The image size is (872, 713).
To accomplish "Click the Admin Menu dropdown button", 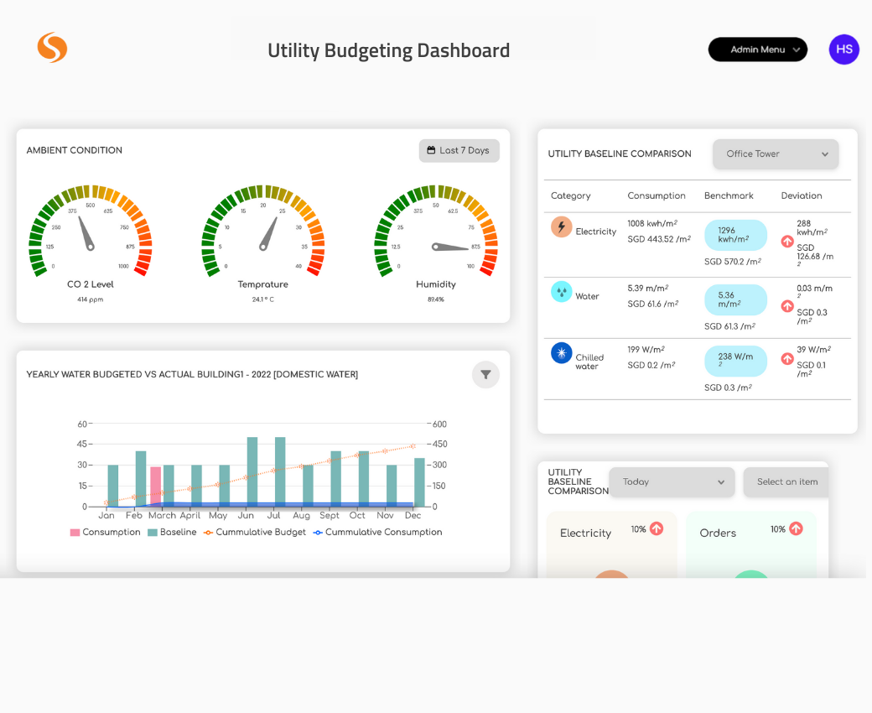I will click(x=757, y=49).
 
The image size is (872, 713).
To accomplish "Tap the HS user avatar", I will click(x=843, y=49).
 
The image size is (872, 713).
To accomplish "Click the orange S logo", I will click(x=52, y=48).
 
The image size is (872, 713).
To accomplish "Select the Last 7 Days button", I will click(x=459, y=151).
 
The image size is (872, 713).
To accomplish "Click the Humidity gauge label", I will click(x=436, y=284).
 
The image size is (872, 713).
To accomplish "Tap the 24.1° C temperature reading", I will click(x=262, y=299).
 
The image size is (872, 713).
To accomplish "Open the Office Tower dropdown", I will click(x=775, y=154).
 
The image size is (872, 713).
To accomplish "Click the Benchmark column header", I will click(x=728, y=195).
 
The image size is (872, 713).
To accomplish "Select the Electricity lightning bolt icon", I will click(x=561, y=227).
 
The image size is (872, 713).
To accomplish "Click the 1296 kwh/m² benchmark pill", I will click(x=734, y=235).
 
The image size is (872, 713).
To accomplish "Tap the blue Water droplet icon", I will click(x=561, y=292).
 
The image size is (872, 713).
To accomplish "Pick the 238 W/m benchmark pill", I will click(x=734, y=361).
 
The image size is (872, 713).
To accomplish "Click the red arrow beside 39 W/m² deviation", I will click(x=786, y=359).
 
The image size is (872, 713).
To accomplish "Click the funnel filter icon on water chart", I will click(x=485, y=375).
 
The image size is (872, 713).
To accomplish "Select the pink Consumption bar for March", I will click(x=155, y=487).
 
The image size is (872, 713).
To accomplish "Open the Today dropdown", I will click(x=672, y=482).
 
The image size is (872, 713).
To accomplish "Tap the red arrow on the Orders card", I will click(x=796, y=528).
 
